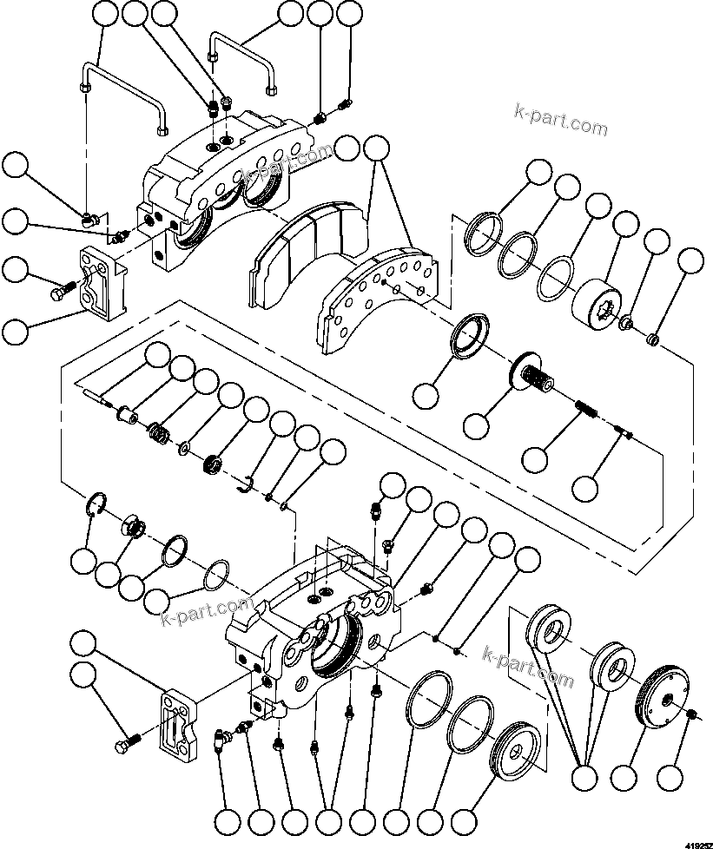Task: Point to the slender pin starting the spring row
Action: (97, 400)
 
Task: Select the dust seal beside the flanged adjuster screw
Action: (468, 334)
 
